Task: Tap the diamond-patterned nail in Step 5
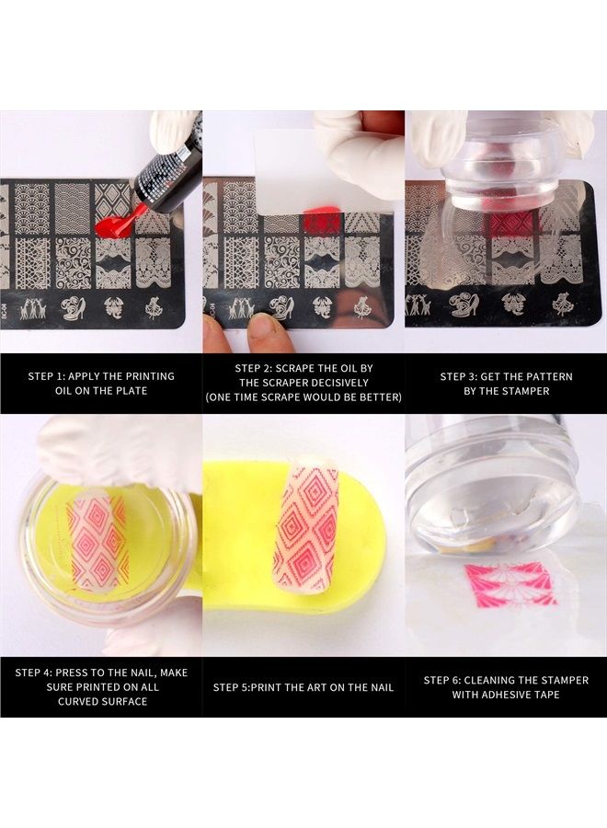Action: click(305, 524)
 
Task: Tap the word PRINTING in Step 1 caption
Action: click(151, 376)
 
